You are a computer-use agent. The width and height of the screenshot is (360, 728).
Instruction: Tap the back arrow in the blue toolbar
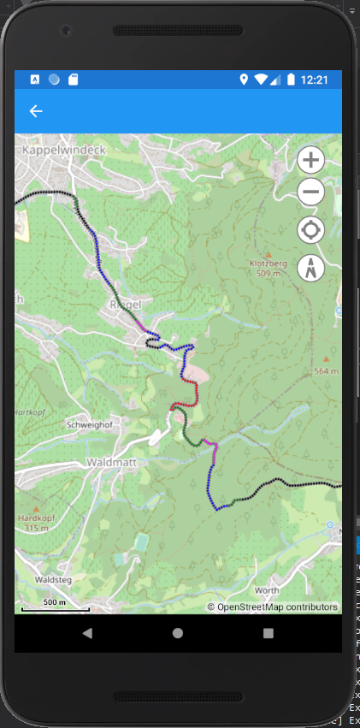(36, 111)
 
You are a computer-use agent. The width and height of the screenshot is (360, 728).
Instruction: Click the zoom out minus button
(311, 193)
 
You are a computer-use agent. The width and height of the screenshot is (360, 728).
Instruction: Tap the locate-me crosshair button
(311, 230)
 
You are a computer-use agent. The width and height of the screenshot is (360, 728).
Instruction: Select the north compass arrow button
(311, 268)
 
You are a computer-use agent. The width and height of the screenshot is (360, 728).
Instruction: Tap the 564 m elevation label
(326, 371)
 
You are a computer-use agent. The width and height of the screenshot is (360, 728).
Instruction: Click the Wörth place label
(267, 590)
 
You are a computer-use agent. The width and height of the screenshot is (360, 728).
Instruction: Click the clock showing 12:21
(314, 80)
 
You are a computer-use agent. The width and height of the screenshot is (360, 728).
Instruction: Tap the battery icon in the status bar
(291, 80)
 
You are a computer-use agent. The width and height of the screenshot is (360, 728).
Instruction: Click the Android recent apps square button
(269, 633)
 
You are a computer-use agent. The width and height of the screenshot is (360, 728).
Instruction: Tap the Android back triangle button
(86, 633)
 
